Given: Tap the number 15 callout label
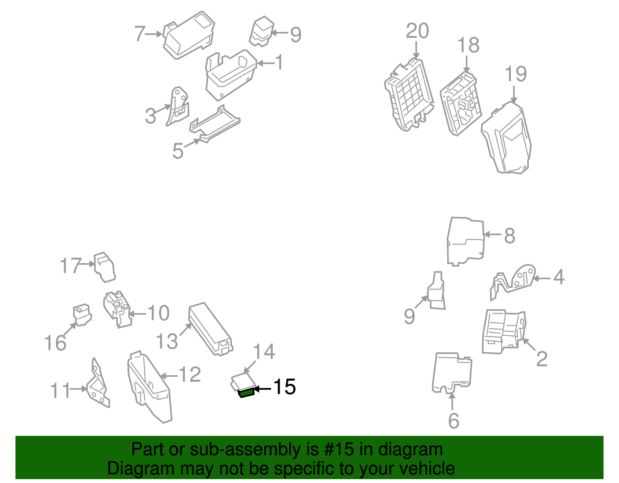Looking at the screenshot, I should point(285,387).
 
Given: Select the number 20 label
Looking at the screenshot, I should point(417,31).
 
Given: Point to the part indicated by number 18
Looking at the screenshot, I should point(461,104).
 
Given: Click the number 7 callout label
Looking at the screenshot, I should point(139,34).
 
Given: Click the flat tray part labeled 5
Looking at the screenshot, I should point(215,124).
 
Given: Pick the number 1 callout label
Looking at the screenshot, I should point(279,62).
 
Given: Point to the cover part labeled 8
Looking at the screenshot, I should point(466,241).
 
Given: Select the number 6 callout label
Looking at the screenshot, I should point(453,421).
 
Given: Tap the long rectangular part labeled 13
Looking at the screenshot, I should point(210,329).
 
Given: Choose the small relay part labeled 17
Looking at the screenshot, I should point(104,267).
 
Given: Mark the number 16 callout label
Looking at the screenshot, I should point(55,343).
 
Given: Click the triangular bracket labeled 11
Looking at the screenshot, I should point(97,387).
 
